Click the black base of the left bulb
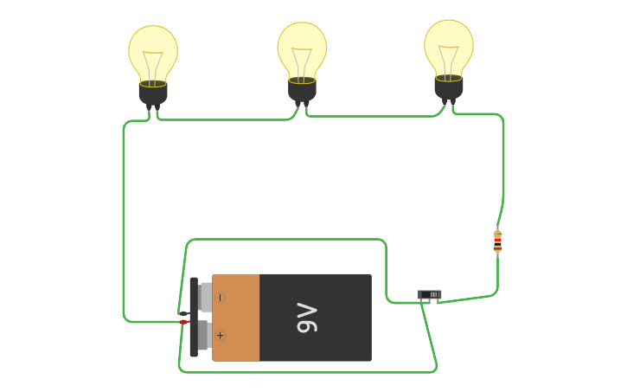pyautogui.click(x=153, y=93)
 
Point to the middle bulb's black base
pyautogui.click(x=302, y=89)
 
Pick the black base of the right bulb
pyautogui.click(x=449, y=87)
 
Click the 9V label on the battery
pyautogui.click(x=307, y=318)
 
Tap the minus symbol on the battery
pyautogui.click(x=220, y=298)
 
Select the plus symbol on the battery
pyautogui.click(x=220, y=336)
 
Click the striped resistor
pyautogui.click(x=497, y=241)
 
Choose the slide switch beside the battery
pyautogui.click(x=430, y=295)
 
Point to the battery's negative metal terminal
pyautogui.click(x=204, y=297)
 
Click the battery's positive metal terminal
pyautogui.click(x=203, y=336)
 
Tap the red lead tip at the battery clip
pyautogui.click(x=183, y=322)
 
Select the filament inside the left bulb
pyautogui.click(x=153, y=64)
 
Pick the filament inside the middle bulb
pyautogui.click(x=302, y=61)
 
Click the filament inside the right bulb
pyautogui.click(x=449, y=58)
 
